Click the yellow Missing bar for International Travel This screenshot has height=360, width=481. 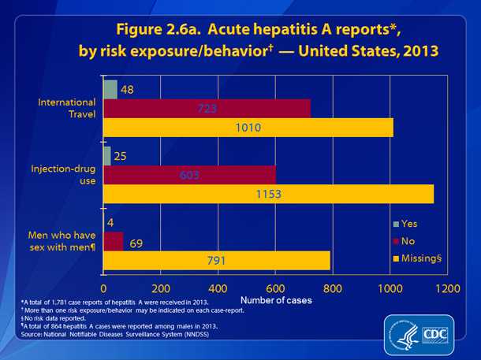click(248, 127)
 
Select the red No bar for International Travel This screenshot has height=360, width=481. click(207, 108)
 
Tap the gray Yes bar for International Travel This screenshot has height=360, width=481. click(110, 89)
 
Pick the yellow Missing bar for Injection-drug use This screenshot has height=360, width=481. click(268, 194)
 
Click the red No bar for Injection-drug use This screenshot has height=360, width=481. click(189, 174)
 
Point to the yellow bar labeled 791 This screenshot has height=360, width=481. click(216, 260)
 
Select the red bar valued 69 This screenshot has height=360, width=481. click(113, 240)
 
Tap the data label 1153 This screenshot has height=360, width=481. click(267, 194)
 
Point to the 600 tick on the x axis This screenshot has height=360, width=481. click(276, 288)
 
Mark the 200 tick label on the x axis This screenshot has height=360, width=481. click(161, 288)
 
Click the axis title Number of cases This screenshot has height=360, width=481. click(276, 301)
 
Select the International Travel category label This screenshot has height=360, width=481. click(72, 108)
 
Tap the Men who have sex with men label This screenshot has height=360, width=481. click(65, 240)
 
